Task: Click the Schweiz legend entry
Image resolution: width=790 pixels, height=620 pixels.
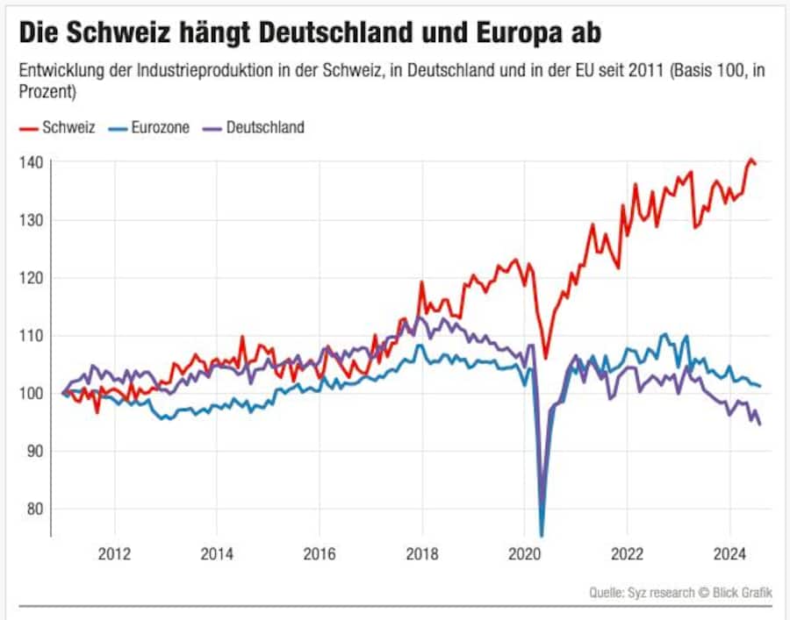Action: pyautogui.click(x=57, y=128)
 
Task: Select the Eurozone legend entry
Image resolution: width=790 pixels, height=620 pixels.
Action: pyautogui.click(x=148, y=128)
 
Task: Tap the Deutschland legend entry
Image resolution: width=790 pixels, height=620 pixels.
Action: pyautogui.click(x=254, y=128)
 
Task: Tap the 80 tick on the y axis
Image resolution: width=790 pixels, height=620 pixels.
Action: pyautogui.click(x=32, y=509)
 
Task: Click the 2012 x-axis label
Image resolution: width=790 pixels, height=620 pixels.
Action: pyautogui.click(x=114, y=553)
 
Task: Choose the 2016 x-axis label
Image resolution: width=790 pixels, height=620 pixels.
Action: pyautogui.click(x=320, y=553)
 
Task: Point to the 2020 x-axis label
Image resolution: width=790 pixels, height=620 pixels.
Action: pyautogui.click(x=525, y=553)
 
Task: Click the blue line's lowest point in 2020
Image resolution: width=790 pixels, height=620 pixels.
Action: pyautogui.click(x=542, y=534)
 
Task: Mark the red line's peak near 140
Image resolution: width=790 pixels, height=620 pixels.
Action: pyautogui.click(x=750, y=160)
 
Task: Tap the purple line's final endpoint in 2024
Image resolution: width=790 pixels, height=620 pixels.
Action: pyautogui.click(x=759, y=424)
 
